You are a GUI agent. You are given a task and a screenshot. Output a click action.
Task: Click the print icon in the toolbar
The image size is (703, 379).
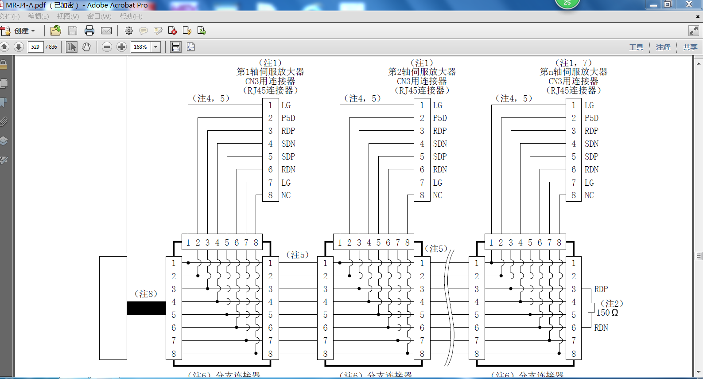click(x=89, y=31)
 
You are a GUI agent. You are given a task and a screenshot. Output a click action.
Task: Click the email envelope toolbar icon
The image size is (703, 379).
click(x=106, y=31)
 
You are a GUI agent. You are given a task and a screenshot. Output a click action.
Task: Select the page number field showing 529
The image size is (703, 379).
click(x=35, y=47)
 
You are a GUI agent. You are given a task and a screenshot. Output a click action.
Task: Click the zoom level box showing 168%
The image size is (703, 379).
click(x=141, y=47)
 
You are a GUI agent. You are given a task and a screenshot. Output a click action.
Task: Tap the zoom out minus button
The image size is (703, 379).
click(x=107, y=47)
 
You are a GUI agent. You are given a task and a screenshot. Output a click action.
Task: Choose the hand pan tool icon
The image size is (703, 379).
click(x=86, y=47)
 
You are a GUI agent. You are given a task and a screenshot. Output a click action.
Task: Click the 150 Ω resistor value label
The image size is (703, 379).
click(x=607, y=313)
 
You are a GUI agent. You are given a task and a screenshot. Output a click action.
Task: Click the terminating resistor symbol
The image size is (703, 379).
click(x=591, y=308)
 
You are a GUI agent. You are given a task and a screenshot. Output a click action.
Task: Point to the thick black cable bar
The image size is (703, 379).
click(x=146, y=308)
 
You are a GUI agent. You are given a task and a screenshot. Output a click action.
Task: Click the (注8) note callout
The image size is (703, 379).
click(x=146, y=294)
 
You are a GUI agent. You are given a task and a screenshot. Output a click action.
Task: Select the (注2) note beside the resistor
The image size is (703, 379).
click(x=612, y=304)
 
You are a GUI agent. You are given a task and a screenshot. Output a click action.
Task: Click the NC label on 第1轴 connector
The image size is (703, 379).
click(x=286, y=195)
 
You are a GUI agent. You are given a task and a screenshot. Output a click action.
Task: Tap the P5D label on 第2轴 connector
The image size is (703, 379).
click(x=440, y=118)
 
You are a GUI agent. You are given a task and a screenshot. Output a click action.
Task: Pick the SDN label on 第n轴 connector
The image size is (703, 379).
click(x=591, y=144)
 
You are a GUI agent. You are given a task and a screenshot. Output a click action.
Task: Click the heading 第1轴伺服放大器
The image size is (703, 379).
click(x=270, y=72)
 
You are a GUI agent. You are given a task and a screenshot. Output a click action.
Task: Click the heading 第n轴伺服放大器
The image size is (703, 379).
click(x=574, y=72)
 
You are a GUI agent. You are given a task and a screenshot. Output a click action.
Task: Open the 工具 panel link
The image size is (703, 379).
click(x=636, y=47)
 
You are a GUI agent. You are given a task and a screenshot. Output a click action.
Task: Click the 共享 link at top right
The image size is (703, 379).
click(x=690, y=47)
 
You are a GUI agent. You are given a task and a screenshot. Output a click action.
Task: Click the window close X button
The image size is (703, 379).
click(x=689, y=4)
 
